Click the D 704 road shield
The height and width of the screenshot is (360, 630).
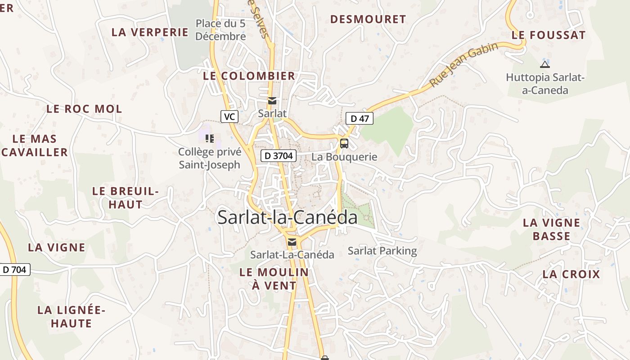pyautogui.click(x=14, y=270)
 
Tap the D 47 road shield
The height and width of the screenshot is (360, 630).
pyautogui.click(x=359, y=119)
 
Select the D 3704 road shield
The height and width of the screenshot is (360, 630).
pyautogui.click(x=279, y=156)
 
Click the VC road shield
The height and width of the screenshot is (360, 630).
pyautogui.click(x=229, y=117)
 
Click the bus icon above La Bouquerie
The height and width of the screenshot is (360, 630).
pyautogui.click(x=344, y=144)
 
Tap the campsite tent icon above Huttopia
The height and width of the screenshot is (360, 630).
pyautogui.click(x=544, y=64)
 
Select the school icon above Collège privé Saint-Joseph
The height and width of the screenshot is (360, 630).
pyautogui.click(x=209, y=138)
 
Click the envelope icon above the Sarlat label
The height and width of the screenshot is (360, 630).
pyautogui.click(x=272, y=100)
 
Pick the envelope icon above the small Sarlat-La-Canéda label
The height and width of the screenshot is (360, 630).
pyautogui.click(x=292, y=242)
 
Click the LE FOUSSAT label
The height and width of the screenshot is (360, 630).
pyautogui.click(x=549, y=35)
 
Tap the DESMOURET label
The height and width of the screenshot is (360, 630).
pyautogui.click(x=368, y=19)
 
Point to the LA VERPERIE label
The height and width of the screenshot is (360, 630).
pyautogui.click(x=150, y=32)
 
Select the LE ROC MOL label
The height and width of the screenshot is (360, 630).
pyautogui.click(x=84, y=109)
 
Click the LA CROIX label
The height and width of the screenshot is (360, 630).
pyautogui.click(x=571, y=274)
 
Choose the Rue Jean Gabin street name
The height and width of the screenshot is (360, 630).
pyautogui.click(x=463, y=65)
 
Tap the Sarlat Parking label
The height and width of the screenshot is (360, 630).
pyautogui.click(x=382, y=251)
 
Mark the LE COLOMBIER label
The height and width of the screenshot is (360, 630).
pyautogui.click(x=249, y=76)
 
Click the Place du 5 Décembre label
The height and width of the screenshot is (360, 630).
pyautogui.click(x=220, y=30)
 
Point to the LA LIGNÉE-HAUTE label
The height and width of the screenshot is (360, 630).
pyautogui.click(x=71, y=316)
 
